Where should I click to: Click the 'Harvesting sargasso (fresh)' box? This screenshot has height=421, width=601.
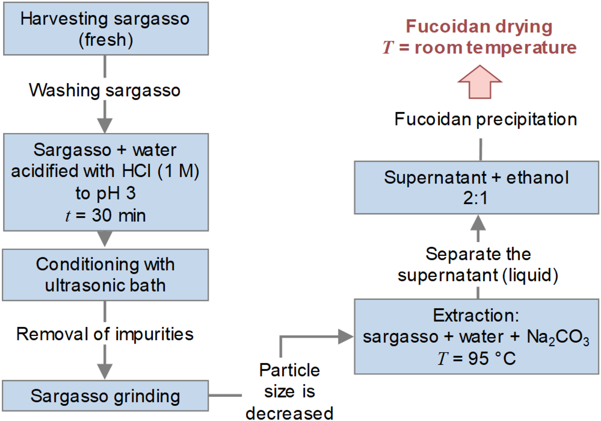(106, 29)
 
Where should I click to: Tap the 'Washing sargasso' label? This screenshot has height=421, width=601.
(105, 90)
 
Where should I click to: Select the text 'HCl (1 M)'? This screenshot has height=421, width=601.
(161, 171)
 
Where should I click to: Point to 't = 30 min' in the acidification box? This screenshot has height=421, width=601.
(106, 215)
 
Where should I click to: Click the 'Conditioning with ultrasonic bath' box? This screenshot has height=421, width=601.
(105, 275)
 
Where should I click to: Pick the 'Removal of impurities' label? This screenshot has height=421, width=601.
(105, 334)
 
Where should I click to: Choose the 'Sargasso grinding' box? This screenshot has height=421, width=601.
(105, 396)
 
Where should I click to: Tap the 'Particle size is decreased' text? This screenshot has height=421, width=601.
(290, 392)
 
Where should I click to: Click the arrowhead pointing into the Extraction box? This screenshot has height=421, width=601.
(345, 337)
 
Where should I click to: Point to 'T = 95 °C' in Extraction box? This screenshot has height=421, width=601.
(476, 358)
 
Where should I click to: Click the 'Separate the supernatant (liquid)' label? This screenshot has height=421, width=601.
(478, 264)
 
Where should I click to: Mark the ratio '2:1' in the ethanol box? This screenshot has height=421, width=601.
(476, 198)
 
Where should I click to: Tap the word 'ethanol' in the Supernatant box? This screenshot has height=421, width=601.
(537, 178)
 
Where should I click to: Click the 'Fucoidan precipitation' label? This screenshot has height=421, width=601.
(486, 119)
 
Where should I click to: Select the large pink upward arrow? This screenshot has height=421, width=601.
(480, 82)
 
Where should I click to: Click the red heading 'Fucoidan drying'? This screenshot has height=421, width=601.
(479, 27)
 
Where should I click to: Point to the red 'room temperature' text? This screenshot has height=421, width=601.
(496, 47)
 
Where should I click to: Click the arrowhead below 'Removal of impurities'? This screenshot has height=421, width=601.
(105, 371)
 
